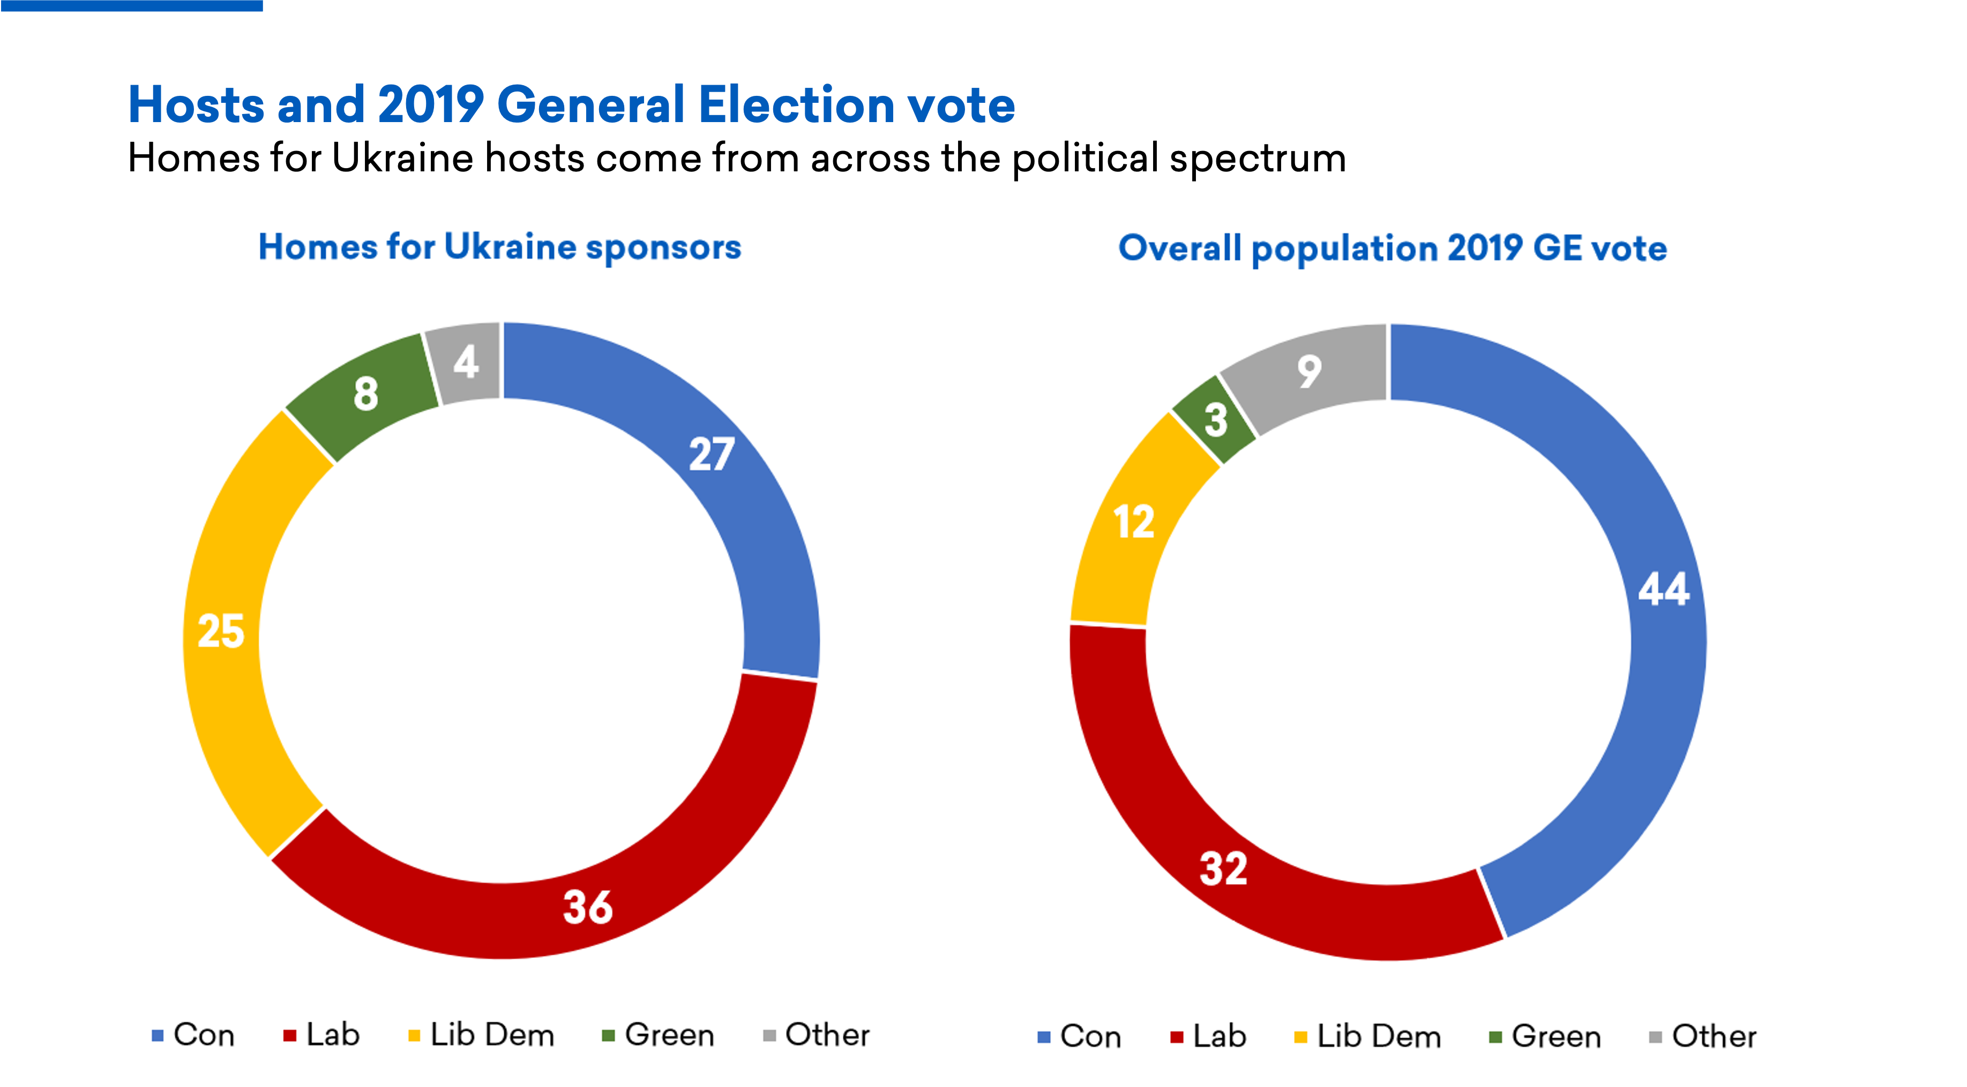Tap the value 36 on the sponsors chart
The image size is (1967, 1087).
(587, 908)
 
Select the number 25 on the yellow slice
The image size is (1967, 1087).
(221, 631)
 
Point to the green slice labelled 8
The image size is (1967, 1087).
(366, 394)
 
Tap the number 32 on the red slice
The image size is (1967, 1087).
(1223, 869)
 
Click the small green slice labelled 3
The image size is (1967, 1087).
(1216, 420)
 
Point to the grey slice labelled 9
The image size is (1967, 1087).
(1309, 372)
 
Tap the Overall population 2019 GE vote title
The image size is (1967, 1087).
(1392, 248)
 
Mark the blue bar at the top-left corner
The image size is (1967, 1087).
(131, 5)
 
